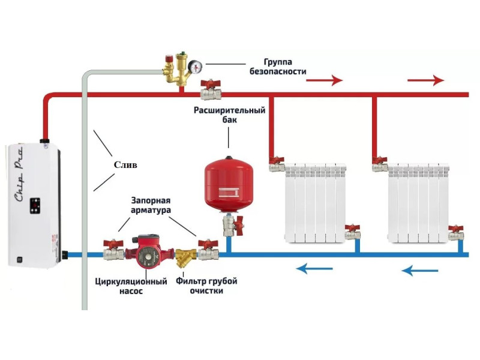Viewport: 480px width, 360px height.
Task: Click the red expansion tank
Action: [229, 184]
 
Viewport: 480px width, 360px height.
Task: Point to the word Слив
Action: [125, 165]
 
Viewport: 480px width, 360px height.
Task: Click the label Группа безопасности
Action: [278, 67]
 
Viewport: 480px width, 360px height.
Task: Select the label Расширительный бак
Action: [229, 115]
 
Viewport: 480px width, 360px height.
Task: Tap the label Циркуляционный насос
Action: [131, 286]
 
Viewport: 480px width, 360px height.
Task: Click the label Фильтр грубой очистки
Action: [206, 286]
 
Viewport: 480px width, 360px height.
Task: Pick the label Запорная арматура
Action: [151, 205]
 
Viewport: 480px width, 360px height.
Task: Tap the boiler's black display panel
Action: [35, 206]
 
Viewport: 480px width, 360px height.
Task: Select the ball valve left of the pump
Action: [113, 250]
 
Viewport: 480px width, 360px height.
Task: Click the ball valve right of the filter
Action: [208, 250]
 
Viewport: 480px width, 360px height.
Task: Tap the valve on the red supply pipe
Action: [211, 89]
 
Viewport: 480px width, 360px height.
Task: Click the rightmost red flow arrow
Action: [425, 80]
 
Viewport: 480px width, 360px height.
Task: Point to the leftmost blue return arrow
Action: [314, 269]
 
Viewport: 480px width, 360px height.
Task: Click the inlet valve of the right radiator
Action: [380, 164]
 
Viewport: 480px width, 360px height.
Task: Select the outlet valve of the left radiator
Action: [353, 232]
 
